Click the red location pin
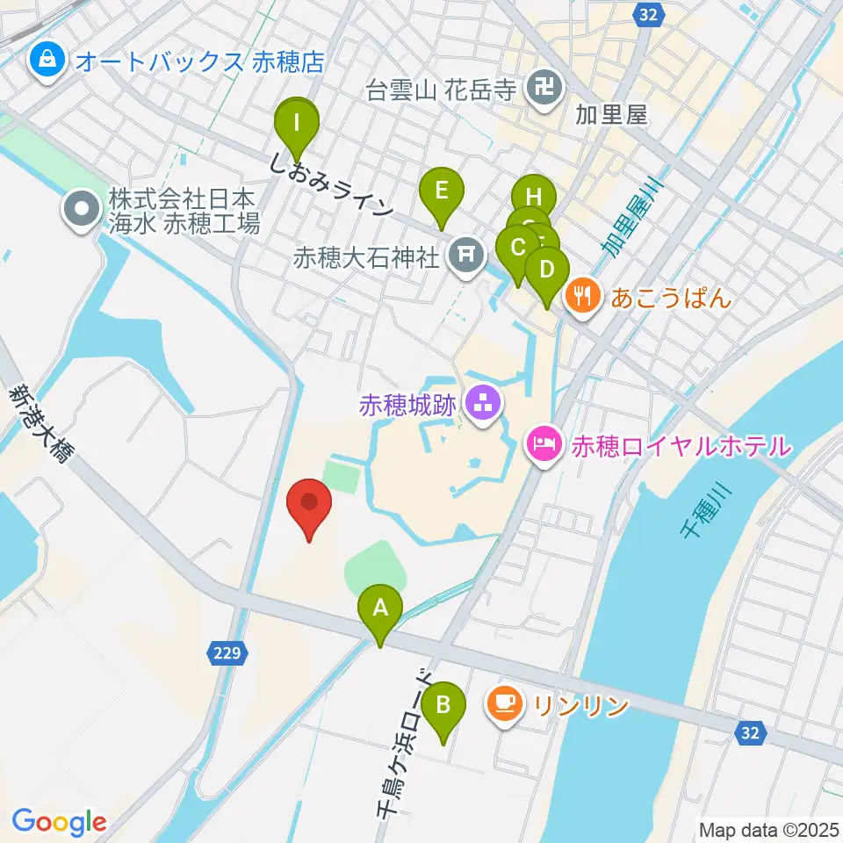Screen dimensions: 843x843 pyautogui.click(x=309, y=505)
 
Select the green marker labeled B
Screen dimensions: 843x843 pyautogui.click(x=443, y=705)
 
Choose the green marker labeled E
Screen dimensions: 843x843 pyautogui.click(x=441, y=192)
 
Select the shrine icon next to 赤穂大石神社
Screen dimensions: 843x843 pyautogui.click(x=465, y=256)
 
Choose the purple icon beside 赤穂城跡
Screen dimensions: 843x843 pyautogui.click(x=482, y=405)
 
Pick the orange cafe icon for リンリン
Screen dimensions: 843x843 pyautogui.click(x=503, y=704)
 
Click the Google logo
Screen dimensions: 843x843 pyautogui.click(x=59, y=822)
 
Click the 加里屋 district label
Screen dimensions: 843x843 pyautogui.click(x=611, y=114)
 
